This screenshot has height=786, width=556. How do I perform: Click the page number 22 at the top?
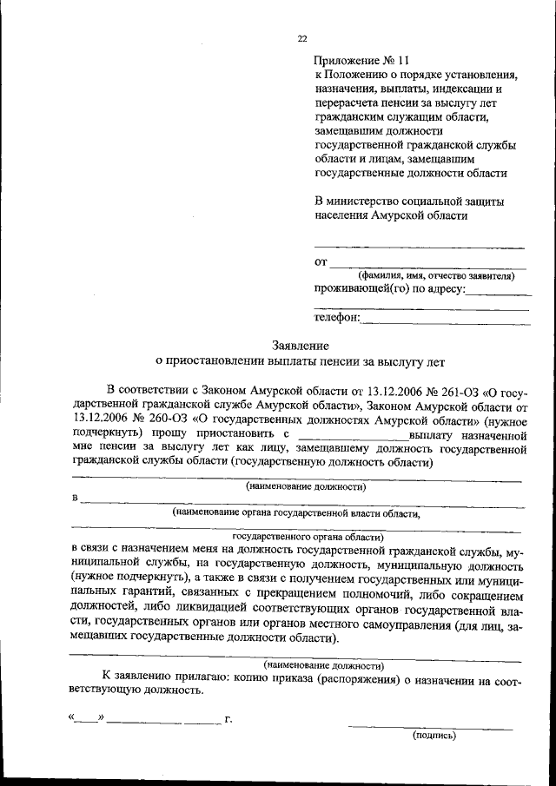[302, 38]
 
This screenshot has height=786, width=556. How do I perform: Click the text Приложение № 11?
[361, 61]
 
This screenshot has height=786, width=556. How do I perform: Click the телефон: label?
[337, 319]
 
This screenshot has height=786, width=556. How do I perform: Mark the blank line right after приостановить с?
[352, 434]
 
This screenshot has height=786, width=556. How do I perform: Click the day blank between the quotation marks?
[86, 720]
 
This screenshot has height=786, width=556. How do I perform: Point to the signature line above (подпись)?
[430, 724]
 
